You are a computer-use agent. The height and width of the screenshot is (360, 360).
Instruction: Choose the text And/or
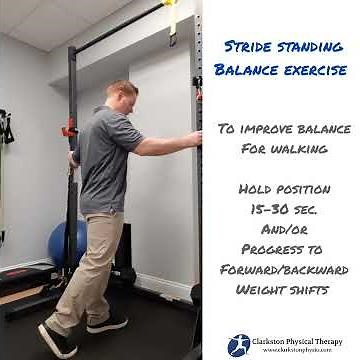282,230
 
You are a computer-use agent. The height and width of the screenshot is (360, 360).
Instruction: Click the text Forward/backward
282,270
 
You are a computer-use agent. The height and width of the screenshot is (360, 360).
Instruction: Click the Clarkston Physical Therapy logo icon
239,345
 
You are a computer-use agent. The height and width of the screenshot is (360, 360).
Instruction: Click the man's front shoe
106,324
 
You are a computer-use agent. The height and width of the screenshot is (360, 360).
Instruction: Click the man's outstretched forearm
165,145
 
